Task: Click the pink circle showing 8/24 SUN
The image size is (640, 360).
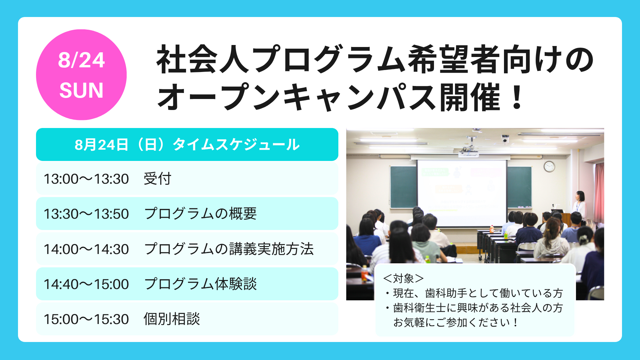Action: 81,75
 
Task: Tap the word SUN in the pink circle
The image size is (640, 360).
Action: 81,90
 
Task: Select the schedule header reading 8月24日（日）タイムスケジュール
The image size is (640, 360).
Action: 187,145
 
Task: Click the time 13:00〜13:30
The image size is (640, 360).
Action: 86,179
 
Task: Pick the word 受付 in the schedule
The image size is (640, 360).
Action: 157,179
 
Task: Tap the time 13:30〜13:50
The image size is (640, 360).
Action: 86,214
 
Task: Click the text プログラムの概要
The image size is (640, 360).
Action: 200,214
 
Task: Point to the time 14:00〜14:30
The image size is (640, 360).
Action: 86,249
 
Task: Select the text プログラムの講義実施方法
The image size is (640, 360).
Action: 229,249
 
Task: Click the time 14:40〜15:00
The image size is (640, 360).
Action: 86,284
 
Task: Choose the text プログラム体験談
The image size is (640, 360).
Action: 200,284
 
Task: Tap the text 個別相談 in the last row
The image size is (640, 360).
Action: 172,319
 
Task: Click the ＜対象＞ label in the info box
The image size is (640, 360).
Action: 403,278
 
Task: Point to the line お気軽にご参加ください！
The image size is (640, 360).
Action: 455,322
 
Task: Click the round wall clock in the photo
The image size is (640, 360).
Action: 549,166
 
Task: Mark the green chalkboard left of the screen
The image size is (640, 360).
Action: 403,187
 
